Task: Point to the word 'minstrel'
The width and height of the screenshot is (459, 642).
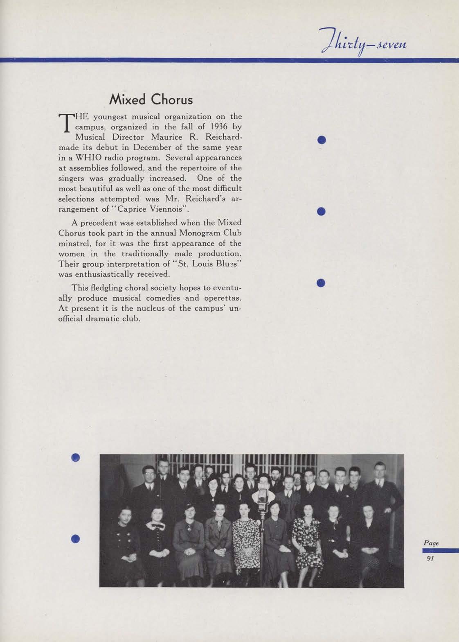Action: click(x=73, y=243)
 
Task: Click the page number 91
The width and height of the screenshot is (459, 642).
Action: click(x=430, y=559)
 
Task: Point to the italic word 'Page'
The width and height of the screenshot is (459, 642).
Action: click(x=431, y=543)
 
